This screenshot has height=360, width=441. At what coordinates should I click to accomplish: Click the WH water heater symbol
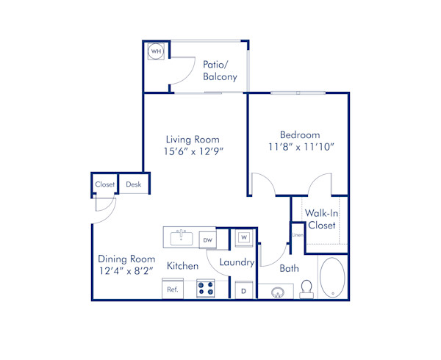click(x=156, y=52)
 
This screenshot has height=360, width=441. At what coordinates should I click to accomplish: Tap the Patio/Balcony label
click(x=220, y=70)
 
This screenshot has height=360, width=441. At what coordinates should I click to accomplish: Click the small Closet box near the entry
click(x=105, y=184)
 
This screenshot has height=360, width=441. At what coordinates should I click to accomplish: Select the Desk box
click(x=133, y=184)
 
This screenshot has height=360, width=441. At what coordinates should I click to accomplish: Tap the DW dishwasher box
click(x=207, y=240)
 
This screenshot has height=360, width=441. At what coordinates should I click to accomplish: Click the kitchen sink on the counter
click(x=180, y=238)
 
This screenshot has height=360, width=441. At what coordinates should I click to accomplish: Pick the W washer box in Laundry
click(x=243, y=238)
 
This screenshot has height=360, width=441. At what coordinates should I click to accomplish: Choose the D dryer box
click(x=243, y=291)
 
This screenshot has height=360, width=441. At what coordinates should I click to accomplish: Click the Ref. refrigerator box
click(x=173, y=289)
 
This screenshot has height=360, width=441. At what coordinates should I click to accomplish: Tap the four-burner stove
click(x=205, y=289)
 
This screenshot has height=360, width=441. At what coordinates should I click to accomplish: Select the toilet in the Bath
click(x=307, y=289)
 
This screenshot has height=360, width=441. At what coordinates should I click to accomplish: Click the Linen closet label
click(x=297, y=235)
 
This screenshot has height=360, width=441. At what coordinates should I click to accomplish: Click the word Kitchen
click(x=182, y=265)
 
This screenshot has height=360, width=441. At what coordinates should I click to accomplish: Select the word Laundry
click(x=237, y=262)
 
